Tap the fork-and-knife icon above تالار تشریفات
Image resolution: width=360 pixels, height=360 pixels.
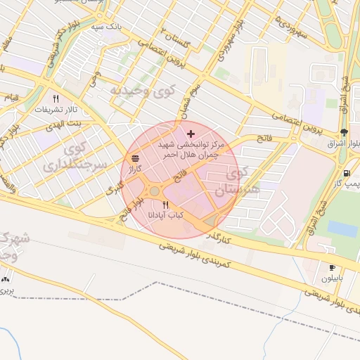click(x=56, y=98)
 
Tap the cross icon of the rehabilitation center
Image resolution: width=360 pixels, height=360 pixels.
click(x=191, y=134)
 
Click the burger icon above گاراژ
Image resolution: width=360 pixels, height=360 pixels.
click(x=135, y=157)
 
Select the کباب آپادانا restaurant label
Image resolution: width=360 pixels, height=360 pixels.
click(x=166, y=215)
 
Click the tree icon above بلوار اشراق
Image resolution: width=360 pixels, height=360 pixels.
click(x=343, y=132)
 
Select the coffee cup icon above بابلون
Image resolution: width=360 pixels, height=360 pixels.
click(x=332, y=268)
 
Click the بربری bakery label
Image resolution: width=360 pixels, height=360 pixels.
click(x=6, y=290)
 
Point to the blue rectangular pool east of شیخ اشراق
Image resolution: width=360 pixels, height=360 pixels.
click(x=342, y=229)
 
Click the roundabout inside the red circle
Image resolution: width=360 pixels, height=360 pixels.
click(x=155, y=191)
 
